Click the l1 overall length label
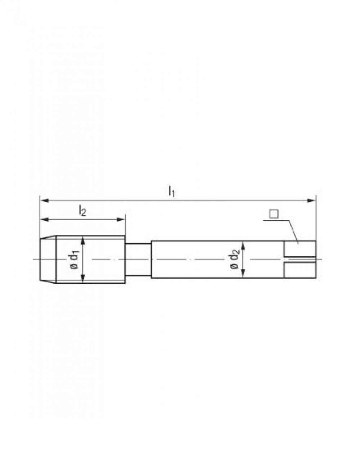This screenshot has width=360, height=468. coord(172,192)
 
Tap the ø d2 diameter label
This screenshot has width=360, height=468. coord(235,259)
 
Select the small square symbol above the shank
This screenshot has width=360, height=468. coord(274,214)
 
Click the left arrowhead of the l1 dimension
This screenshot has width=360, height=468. coord(45,201)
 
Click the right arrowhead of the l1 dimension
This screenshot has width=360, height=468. coord(311,201)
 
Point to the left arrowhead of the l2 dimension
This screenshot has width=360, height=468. coord(45,220)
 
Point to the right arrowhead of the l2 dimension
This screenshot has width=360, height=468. coord(121,220)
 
